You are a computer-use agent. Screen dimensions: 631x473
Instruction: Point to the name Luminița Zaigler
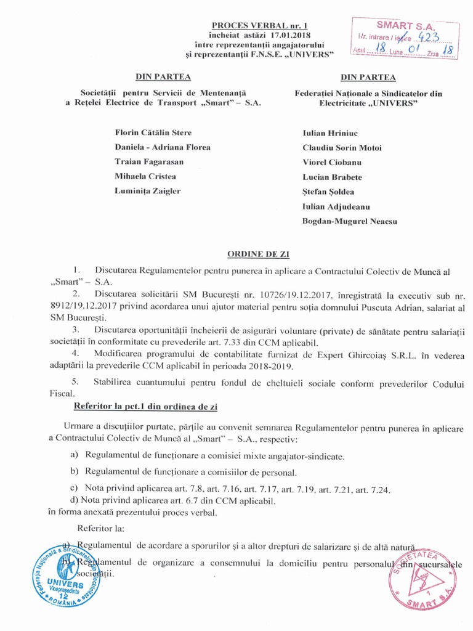coord(148,190)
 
